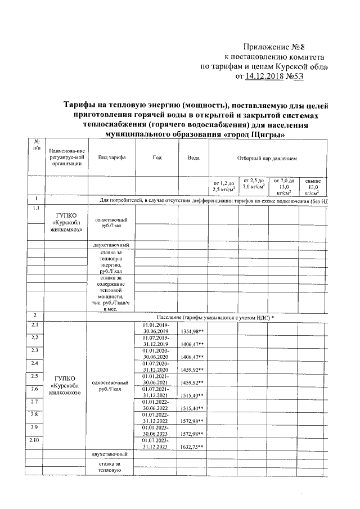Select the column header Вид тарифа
[x=111, y=157]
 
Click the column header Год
[x=156, y=157]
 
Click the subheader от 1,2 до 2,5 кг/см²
[x=223, y=186]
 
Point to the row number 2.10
[x=35, y=440]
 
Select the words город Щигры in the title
[x=250, y=135]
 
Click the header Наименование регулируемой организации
[x=66, y=157]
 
